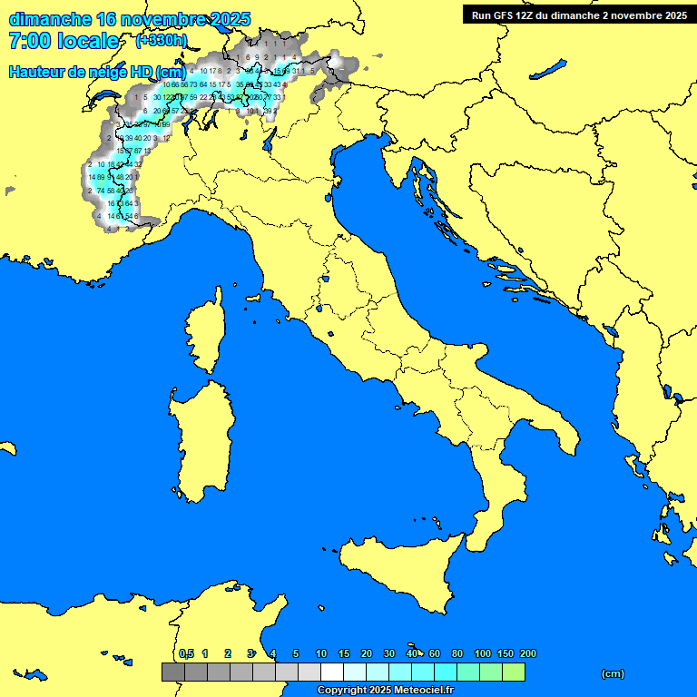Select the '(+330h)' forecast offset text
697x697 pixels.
point(162,41)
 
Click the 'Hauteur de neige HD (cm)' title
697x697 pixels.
point(97,73)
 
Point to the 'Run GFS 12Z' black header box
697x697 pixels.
point(578,15)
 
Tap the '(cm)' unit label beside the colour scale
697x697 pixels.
point(613,673)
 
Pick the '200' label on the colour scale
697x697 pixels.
point(527,653)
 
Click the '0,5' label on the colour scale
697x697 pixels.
point(186,653)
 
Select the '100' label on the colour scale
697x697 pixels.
point(483,653)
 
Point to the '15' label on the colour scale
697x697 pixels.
point(344,653)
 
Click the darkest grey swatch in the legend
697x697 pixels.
point(172,672)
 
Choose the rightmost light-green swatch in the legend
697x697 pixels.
point(514,672)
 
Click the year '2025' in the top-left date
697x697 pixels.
point(231,19)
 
